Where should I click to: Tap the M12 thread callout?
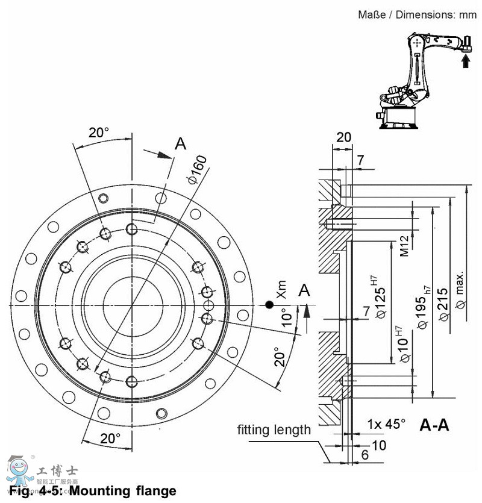(404, 246)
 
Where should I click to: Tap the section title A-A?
(434, 425)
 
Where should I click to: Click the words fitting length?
(274, 430)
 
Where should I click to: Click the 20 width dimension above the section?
(343, 137)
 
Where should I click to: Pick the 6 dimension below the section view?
(365, 456)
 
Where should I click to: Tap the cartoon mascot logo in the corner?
(17, 471)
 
